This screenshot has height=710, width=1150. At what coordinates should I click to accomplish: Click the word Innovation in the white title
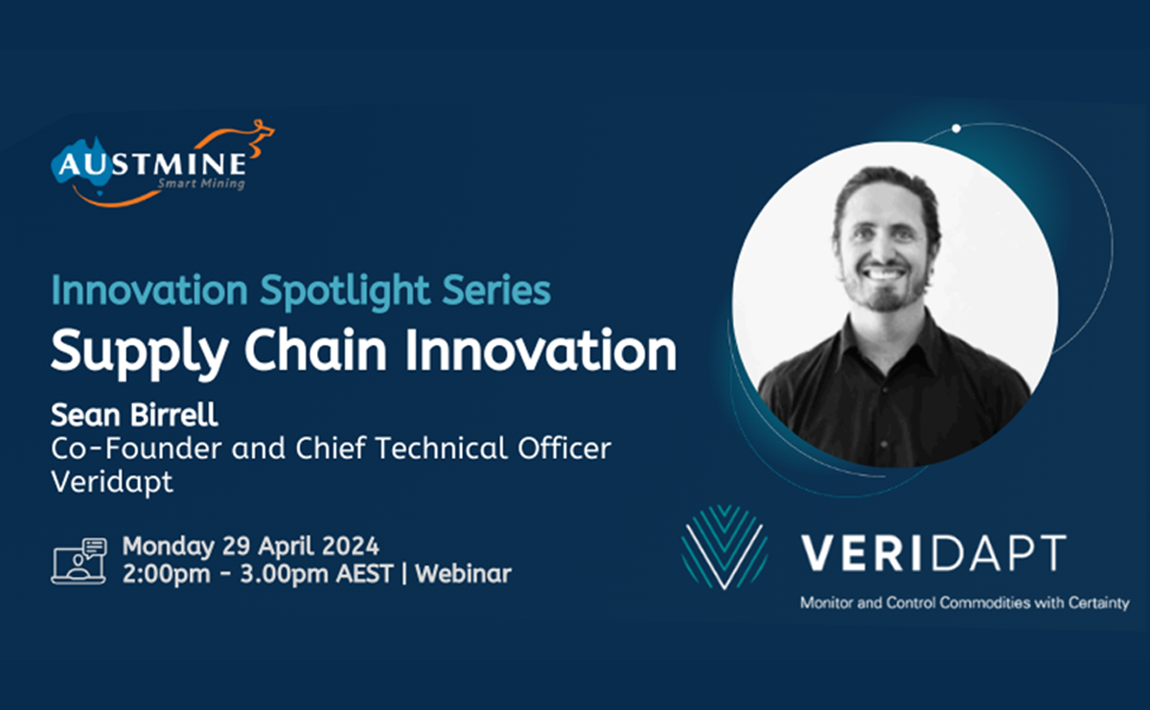[540, 351]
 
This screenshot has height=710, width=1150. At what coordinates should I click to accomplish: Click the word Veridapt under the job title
[112, 481]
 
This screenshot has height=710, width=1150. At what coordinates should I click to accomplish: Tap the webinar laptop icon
[79, 561]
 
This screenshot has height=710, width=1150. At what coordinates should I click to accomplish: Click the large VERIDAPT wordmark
[933, 553]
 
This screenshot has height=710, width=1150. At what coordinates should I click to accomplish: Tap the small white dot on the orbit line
[955, 127]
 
